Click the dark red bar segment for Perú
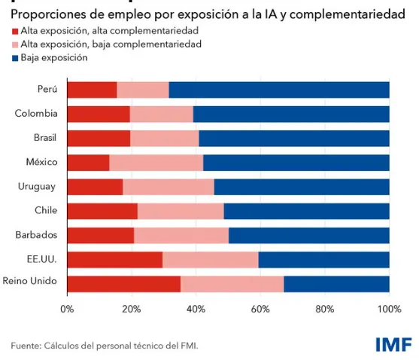pos(92,90)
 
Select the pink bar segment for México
pos(156,162)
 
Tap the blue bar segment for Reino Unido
pos(336,283)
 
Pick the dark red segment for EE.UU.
pos(114,259)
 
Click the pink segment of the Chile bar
pos(181,211)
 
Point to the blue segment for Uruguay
pos(302,186)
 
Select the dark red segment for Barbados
pos(100,235)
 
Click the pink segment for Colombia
pos(161,114)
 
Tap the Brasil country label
pos(44,138)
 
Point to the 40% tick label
pos(196,309)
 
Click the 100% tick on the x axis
pos(389,309)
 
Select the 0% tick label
pos(67,309)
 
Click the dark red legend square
pos(15,31)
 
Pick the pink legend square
pos(15,44)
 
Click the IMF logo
pos(393,344)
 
